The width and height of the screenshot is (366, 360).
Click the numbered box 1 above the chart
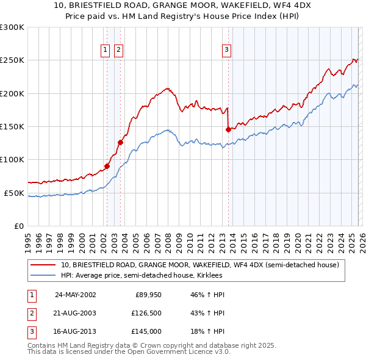106,50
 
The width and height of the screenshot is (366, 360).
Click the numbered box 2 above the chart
118,50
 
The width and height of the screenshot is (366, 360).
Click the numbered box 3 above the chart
226,50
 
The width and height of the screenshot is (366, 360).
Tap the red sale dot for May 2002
107,165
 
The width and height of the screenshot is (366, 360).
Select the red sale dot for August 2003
120,142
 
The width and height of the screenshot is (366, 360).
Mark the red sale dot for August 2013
228,129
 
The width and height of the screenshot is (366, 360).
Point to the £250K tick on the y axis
12,60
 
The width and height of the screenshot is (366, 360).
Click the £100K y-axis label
12,159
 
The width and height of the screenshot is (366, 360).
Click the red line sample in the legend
42,265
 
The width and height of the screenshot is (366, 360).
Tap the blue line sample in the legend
42,275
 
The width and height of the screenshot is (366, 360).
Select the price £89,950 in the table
148,294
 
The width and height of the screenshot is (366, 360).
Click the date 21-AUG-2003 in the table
75,313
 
